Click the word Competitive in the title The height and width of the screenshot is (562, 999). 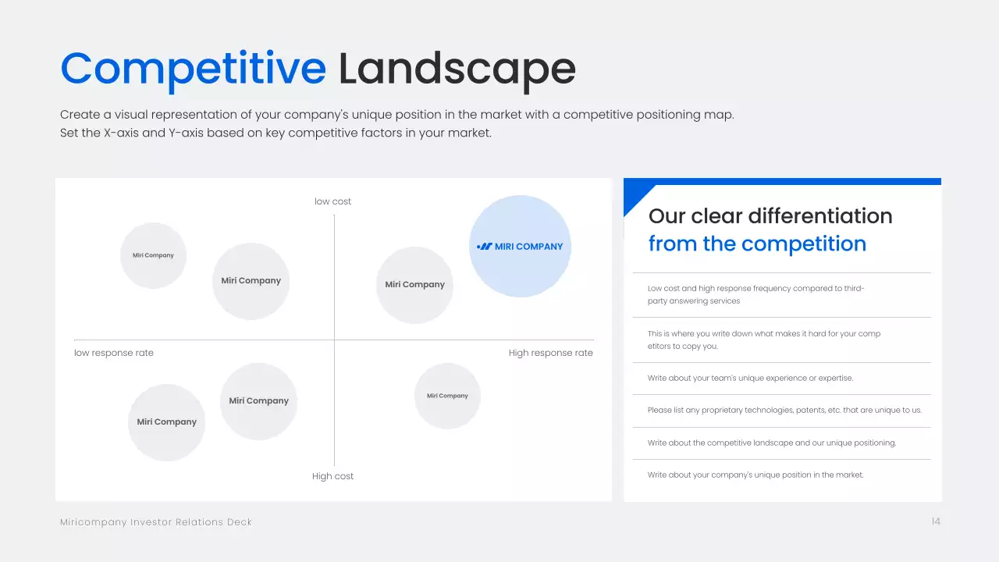coord(193,69)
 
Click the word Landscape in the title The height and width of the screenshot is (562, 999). coord(457,69)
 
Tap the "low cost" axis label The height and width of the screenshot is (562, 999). coord(332,201)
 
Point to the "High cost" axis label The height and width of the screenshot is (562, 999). coord(332,476)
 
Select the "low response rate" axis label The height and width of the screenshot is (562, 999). coord(114,353)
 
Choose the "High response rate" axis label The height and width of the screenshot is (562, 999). coord(551,353)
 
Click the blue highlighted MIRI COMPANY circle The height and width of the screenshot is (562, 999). coord(520,246)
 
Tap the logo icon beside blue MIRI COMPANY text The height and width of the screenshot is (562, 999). coord(485,246)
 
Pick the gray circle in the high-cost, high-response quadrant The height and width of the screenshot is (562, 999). coord(447,396)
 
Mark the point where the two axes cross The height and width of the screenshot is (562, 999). coord(335,340)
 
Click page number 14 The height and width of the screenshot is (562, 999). coord(936,521)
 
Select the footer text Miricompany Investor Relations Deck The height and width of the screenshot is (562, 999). coord(156,522)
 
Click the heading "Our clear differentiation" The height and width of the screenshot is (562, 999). coord(770,216)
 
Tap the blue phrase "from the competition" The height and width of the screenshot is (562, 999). coord(757,244)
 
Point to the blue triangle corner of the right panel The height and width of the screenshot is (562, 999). coord(635,194)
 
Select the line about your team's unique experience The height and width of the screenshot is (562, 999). coord(750,379)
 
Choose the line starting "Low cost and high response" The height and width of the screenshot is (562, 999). coord(756,294)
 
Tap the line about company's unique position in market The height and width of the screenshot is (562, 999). coord(755,475)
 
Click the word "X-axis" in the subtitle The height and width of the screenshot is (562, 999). coord(121,133)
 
